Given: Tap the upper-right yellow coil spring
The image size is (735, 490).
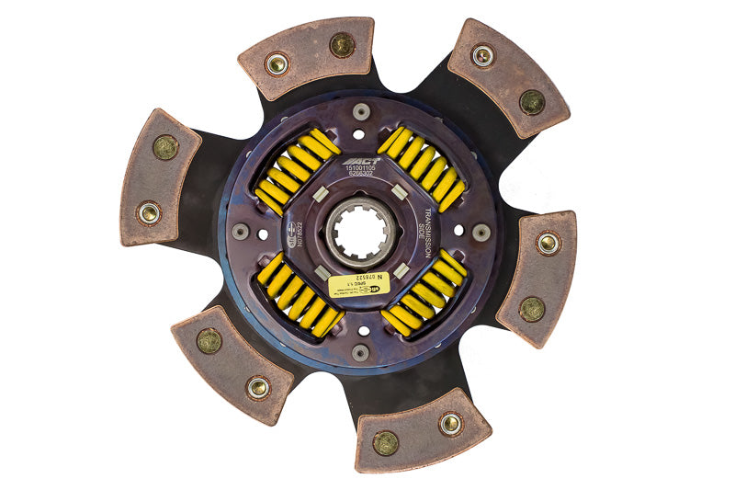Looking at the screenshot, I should point(422,168).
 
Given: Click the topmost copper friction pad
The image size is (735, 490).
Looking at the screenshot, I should point(306,56).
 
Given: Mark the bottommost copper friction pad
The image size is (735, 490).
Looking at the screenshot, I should point(422,429).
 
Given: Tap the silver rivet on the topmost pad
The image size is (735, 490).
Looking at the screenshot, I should point(275,64).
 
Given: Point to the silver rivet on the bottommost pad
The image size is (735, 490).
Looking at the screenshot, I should point(449,423).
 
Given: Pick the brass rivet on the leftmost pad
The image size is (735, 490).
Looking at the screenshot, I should point(166,147).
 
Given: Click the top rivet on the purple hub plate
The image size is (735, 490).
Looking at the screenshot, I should point(360,112).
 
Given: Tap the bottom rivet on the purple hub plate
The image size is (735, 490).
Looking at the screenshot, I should point(360,353).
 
